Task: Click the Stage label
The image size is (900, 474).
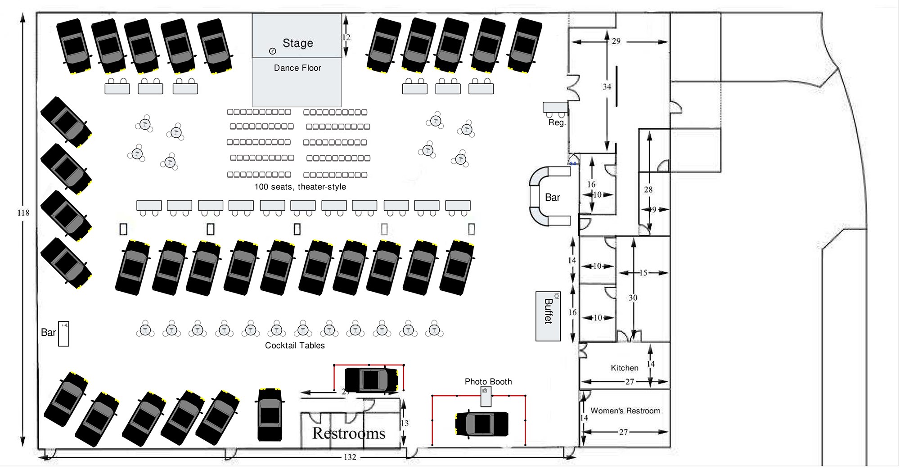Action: tap(297, 43)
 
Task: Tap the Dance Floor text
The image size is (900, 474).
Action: tap(297, 68)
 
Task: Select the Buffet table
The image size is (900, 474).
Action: tap(548, 316)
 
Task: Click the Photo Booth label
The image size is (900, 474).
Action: tap(488, 382)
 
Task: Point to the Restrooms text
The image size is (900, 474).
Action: tap(349, 433)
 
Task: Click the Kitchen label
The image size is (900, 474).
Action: tap(624, 368)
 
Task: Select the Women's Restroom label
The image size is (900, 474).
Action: tap(625, 411)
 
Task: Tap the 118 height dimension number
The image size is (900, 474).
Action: tap(23, 213)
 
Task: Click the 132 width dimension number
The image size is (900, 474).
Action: tap(350, 457)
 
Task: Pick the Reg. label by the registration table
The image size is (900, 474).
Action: tap(557, 122)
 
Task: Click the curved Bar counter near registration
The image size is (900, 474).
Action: tap(538, 197)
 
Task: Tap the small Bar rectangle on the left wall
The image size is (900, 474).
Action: tap(63, 334)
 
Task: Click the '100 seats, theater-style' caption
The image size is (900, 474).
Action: tap(300, 187)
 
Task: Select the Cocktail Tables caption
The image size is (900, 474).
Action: tap(295, 345)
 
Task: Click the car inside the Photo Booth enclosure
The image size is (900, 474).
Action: tap(481, 424)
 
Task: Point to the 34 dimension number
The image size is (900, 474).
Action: tap(607, 87)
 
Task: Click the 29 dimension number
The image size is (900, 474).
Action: tap(616, 41)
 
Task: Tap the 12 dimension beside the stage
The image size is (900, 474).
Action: tap(346, 37)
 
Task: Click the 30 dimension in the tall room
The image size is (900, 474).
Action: tap(633, 298)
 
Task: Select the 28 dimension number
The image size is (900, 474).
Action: tap(648, 190)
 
